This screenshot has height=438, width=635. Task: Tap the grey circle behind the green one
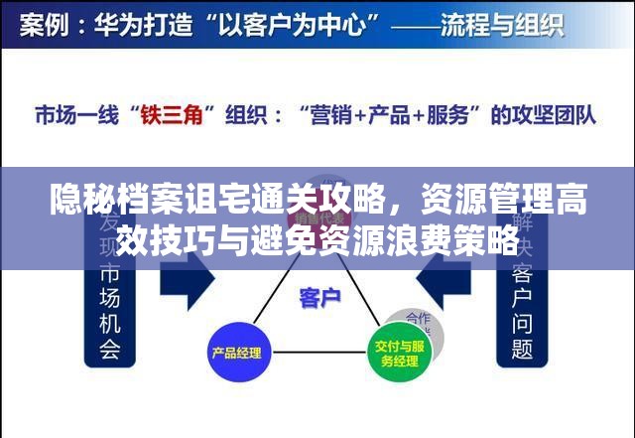[x=417, y=325]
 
